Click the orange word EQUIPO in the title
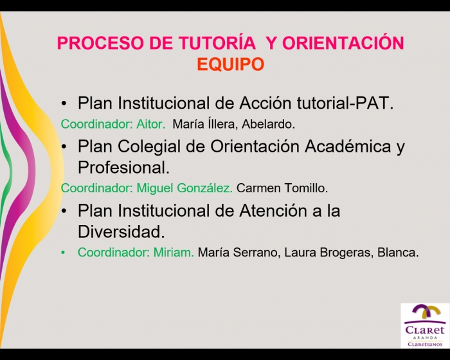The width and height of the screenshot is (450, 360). point(230,64)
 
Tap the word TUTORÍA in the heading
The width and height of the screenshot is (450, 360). point(217,42)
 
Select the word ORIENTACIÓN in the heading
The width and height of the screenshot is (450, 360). point(343,42)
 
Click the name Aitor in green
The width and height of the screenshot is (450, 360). point(151,124)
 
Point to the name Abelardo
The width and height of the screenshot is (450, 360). point(268,124)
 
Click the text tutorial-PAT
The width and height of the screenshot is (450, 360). point(345,102)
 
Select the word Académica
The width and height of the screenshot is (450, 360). point(348,146)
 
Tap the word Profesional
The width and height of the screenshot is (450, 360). point(123,167)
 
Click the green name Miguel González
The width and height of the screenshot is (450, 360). point(184,188)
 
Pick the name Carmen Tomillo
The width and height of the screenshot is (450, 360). point(282,188)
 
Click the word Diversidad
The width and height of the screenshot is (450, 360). point(122,231)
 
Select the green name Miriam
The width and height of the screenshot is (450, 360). point(174,253)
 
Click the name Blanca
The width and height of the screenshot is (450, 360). point(398,253)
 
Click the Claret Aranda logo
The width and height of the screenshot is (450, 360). point(425,325)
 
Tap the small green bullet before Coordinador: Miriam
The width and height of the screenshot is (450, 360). point(63,253)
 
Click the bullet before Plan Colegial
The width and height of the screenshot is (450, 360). point(64,147)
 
